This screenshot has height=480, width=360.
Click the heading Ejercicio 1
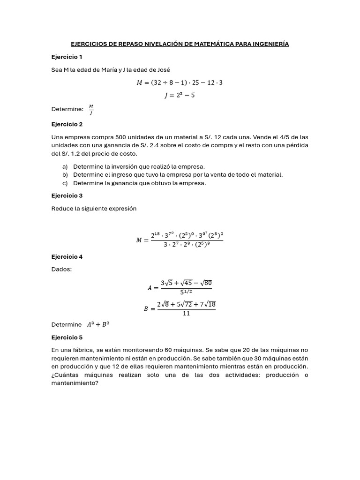[67, 57]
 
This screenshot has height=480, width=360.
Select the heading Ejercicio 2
[67, 124]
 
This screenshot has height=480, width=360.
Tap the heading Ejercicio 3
[67, 195]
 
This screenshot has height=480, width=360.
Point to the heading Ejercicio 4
[67, 257]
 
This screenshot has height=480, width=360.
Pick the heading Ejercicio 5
[67, 337]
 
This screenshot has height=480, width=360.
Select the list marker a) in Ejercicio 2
[65, 166]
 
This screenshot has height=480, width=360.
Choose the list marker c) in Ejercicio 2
[65, 183]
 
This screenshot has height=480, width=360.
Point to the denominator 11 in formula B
[186, 314]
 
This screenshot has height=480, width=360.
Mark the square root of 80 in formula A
[204, 283]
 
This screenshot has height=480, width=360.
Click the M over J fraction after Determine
[91, 109]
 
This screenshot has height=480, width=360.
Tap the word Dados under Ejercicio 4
[61, 270]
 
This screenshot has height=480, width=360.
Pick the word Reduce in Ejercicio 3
[62, 209]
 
